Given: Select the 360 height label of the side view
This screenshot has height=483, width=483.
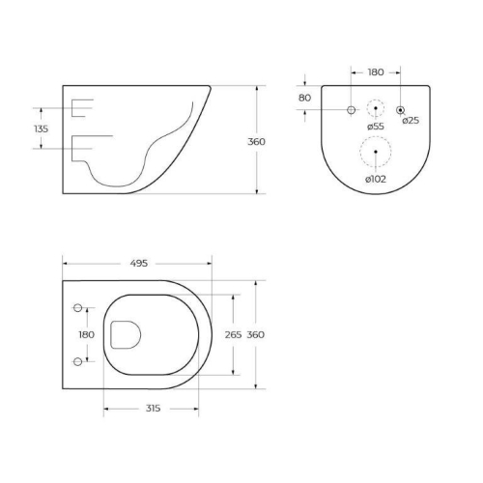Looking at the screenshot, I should tap(256, 141).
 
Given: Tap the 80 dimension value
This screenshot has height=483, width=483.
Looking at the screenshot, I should tap(304, 98).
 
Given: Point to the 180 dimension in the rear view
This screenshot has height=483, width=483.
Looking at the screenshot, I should tap(375, 72).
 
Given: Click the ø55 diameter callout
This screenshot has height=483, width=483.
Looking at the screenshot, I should tap(376, 127).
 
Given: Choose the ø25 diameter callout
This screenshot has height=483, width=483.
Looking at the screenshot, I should tap(411, 120).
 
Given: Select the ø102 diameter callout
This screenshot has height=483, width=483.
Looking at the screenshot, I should tap(376, 179).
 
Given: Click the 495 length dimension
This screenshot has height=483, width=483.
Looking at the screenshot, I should tap(139, 263).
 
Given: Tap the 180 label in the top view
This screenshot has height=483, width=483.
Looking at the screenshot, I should tap(86, 334).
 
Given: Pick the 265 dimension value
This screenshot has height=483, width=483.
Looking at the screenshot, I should tap(231, 334).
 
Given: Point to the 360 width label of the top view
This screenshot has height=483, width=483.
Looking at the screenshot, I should tap(256, 334).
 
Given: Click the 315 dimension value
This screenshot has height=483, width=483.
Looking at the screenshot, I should tap(152, 409).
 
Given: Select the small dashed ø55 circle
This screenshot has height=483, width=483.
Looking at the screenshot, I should tap(376, 108).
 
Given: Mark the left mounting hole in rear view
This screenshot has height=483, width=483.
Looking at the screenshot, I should tap(351, 109).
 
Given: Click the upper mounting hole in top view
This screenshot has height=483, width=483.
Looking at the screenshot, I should tap(76, 308).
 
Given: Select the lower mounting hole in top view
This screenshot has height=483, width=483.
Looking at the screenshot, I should tap(76, 361).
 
